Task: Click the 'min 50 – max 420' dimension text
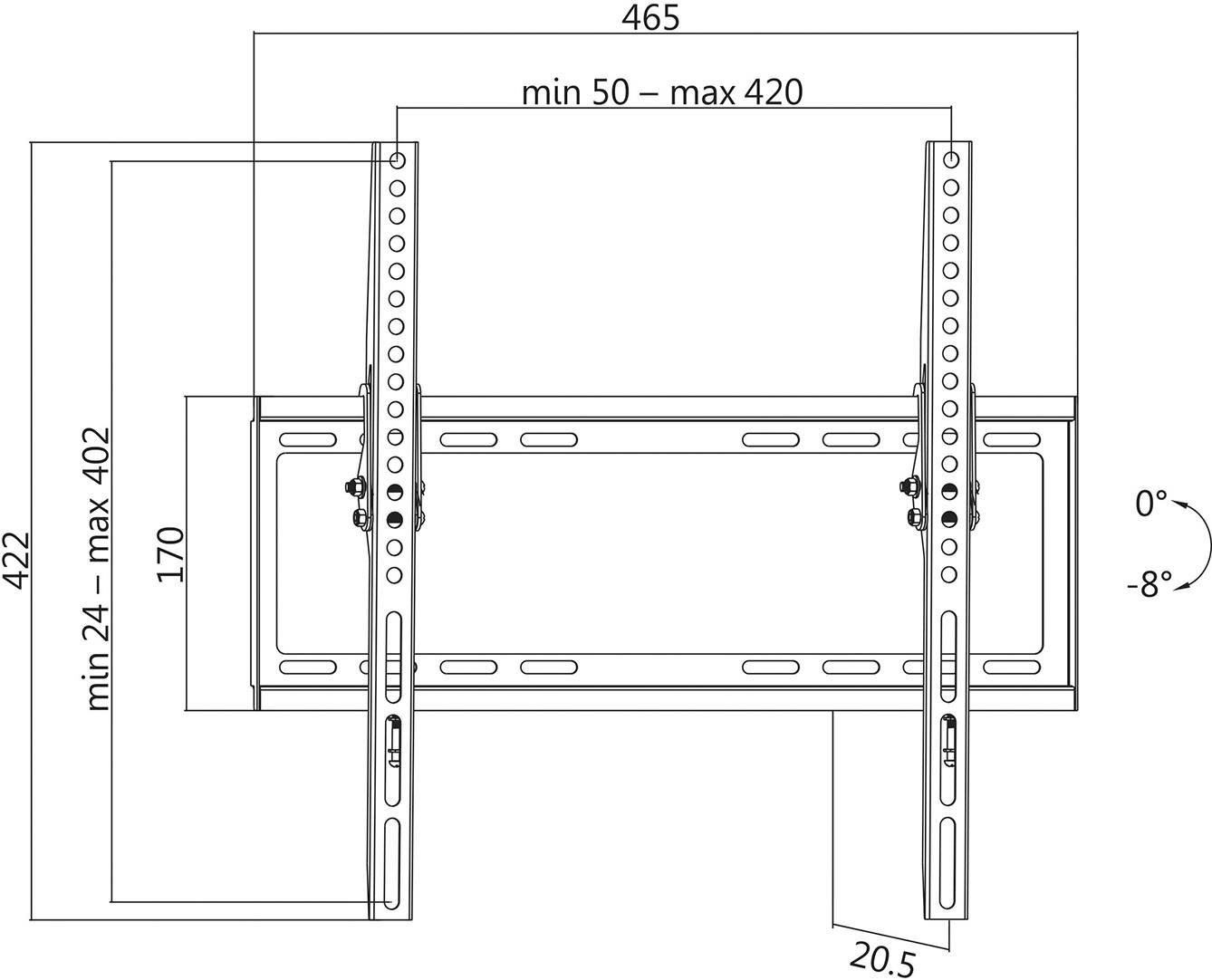[x=662, y=92]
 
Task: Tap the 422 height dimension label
[x=17, y=561]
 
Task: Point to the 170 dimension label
[x=170, y=554]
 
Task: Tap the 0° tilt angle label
[x=1150, y=503]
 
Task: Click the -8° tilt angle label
[x=1149, y=585]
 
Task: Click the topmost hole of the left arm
[x=397, y=160]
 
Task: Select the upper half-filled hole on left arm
[x=395, y=492]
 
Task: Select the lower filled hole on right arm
[x=948, y=519]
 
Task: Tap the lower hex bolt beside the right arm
[x=914, y=516]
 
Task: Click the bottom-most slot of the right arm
[x=946, y=851]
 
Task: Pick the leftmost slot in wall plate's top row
[x=308, y=440]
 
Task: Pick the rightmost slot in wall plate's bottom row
[x=1011, y=668]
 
